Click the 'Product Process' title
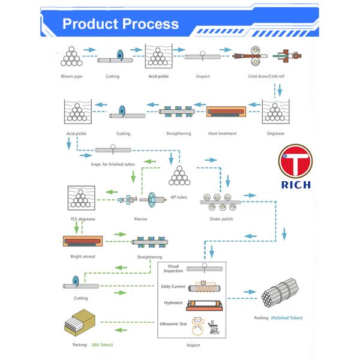pyautogui.click(x=121, y=24)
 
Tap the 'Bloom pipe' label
pyautogui.click(x=72, y=77)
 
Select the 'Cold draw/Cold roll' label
pyautogui.click(x=266, y=77)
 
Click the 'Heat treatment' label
pyautogui.click(x=222, y=133)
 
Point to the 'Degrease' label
pyautogui.click(x=275, y=133)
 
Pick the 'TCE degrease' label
pyautogui.click(x=82, y=219)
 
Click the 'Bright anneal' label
pyautogui.click(x=82, y=256)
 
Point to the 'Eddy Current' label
pyautogui.click(x=173, y=287)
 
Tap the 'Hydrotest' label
pyautogui.click(x=173, y=304)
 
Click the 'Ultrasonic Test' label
pyautogui.click(x=173, y=324)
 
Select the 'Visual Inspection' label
pyautogui.click(x=173, y=268)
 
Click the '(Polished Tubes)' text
pyautogui.click(x=287, y=317)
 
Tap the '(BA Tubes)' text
pyautogui.click(x=102, y=345)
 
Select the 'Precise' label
pyautogui.click(x=141, y=219)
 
